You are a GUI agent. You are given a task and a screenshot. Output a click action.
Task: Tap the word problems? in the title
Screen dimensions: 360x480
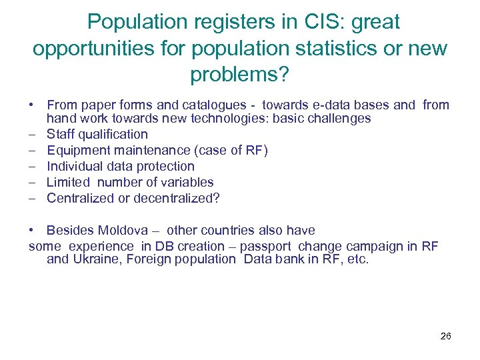pyautogui.click(x=240, y=74)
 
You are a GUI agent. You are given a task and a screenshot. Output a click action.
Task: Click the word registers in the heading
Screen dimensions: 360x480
pyautogui.click(x=223, y=22)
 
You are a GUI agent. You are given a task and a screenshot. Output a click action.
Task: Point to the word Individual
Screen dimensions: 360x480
pyautogui.click(x=74, y=166)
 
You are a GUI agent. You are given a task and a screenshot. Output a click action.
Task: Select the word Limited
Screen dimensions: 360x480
pyautogui.click(x=68, y=182)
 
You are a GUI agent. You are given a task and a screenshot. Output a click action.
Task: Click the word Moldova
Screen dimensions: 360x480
pyautogui.click(x=124, y=231)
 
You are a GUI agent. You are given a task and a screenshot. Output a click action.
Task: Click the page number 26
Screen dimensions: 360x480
pyautogui.click(x=446, y=336)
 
